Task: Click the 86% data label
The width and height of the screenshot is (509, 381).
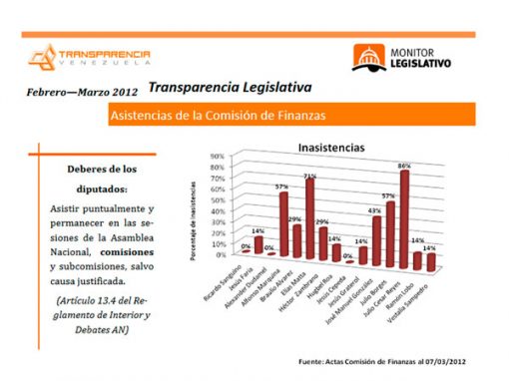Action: point(404,165)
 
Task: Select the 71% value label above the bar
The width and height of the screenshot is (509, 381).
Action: point(310,177)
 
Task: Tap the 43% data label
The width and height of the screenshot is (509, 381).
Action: point(375,209)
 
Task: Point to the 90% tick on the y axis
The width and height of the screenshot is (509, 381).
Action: point(216,158)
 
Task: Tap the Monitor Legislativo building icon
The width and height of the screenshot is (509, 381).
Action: point(367,56)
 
